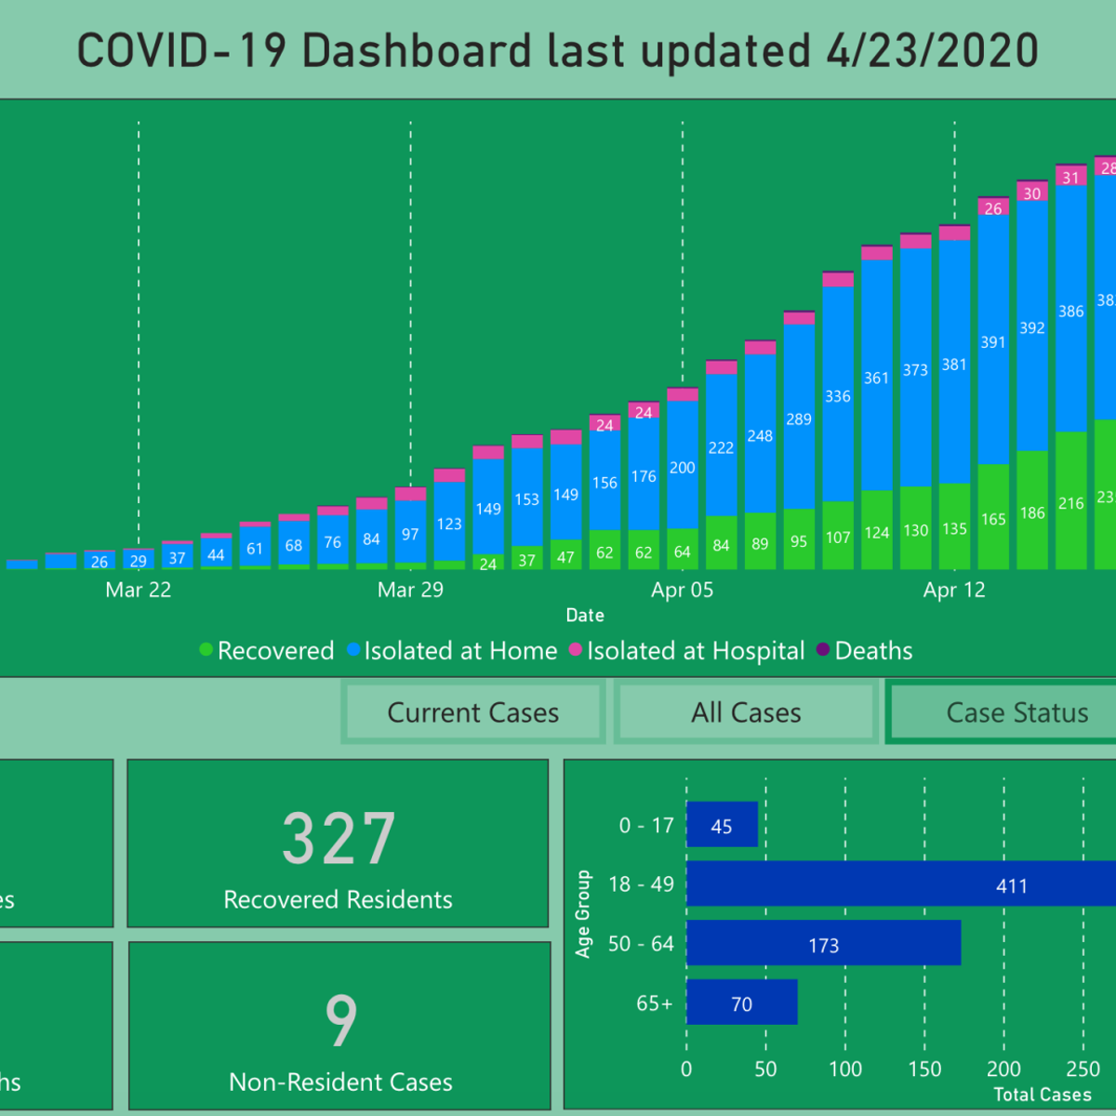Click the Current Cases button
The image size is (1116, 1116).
click(473, 713)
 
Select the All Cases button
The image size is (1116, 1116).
click(746, 713)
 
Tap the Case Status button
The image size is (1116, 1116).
click(1016, 713)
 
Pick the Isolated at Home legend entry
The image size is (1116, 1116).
click(452, 651)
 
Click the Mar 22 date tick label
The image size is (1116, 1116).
click(139, 591)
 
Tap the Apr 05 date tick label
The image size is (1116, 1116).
click(682, 591)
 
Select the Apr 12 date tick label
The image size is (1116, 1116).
click(954, 591)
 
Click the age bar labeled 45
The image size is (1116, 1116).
click(722, 826)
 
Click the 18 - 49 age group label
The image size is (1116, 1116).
click(641, 884)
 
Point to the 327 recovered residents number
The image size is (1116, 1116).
click(339, 839)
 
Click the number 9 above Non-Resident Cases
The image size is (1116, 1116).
click(340, 1020)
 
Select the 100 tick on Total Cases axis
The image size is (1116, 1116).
click(845, 1069)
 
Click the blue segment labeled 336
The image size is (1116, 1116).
click(838, 395)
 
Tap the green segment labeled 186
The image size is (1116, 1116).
click(1032, 512)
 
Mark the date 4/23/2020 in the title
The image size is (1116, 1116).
click(932, 51)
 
